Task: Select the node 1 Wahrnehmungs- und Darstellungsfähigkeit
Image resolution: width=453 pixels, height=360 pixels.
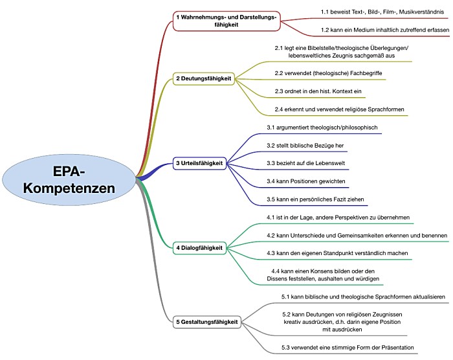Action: [x=226, y=21]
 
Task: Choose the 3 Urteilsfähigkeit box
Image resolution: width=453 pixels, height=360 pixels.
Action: [x=199, y=163]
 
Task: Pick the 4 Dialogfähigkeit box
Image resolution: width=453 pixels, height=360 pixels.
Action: [x=199, y=247]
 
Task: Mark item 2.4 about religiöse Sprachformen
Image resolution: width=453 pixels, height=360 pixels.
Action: [x=338, y=109]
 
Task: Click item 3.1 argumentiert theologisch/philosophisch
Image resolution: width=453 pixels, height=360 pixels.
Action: [x=322, y=127]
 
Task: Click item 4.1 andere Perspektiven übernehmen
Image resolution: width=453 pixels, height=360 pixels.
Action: [x=338, y=217]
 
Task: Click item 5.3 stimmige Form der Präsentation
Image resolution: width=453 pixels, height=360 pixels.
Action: [x=348, y=348]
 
